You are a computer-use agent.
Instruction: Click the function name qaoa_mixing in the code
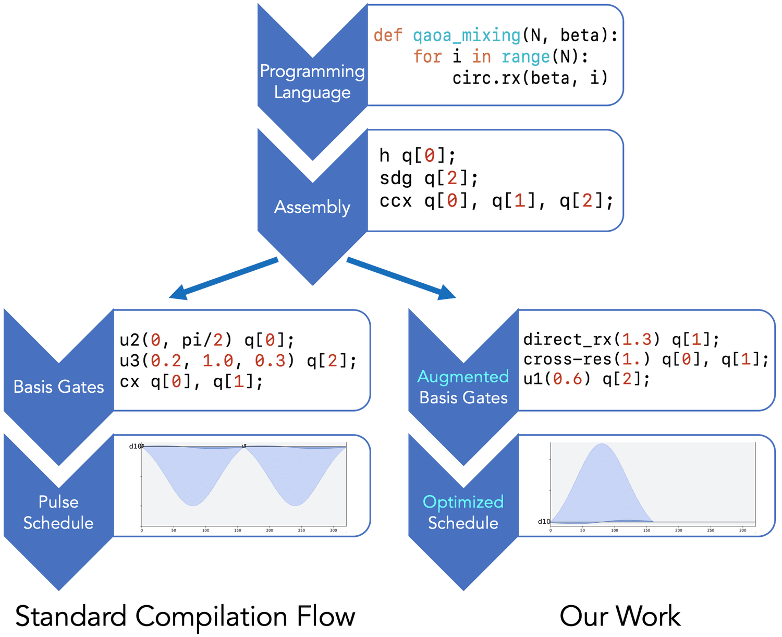pos(467,35)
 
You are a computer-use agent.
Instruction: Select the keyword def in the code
pos(388,35)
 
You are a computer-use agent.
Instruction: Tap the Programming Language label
pos(312,81)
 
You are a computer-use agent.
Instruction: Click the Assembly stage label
pos(312,207)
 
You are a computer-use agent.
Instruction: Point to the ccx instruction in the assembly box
pos(396,201)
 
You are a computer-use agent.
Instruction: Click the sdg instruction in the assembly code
pos(396,178)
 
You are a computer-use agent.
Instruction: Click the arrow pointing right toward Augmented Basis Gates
pos(401,279)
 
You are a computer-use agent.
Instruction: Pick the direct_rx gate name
pos(567,340)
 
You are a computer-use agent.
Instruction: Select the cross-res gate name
pos(567,359)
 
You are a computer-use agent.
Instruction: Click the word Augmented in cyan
pos(463,376)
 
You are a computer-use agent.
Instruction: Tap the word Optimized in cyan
pos(463,502)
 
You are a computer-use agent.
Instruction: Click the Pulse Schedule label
pos(58,512)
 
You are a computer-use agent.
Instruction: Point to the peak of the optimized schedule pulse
pos(602,444)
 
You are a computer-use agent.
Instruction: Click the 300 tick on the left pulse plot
pos(334,530)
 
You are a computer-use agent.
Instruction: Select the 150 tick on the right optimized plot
pos(646,530)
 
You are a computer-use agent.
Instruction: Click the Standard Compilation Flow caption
pos(185,616)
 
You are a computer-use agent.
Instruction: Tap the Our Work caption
pos(620,616)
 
